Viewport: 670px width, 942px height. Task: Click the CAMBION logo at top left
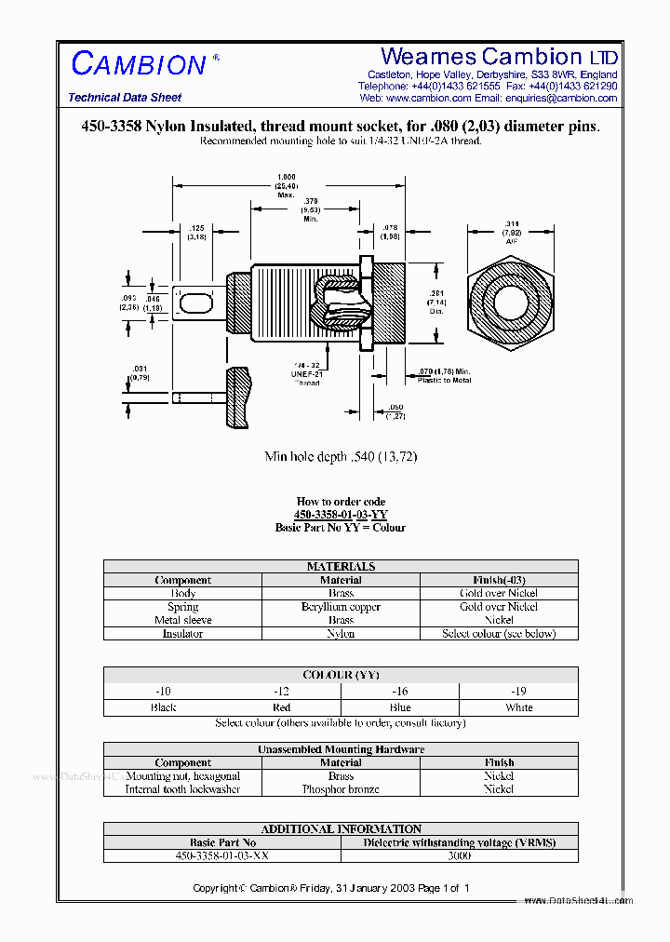139,64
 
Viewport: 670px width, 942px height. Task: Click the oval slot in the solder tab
194,303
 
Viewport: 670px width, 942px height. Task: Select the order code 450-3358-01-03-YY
341,515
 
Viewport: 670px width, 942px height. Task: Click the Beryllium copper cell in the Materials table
341,607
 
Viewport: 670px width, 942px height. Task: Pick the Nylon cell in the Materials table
341,634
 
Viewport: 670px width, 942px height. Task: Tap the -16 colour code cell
399,692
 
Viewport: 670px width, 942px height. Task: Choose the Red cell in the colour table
281,707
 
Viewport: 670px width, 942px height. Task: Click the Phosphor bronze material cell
341,789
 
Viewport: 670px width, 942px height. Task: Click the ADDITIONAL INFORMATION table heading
341,828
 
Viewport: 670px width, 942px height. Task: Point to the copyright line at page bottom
331,888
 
